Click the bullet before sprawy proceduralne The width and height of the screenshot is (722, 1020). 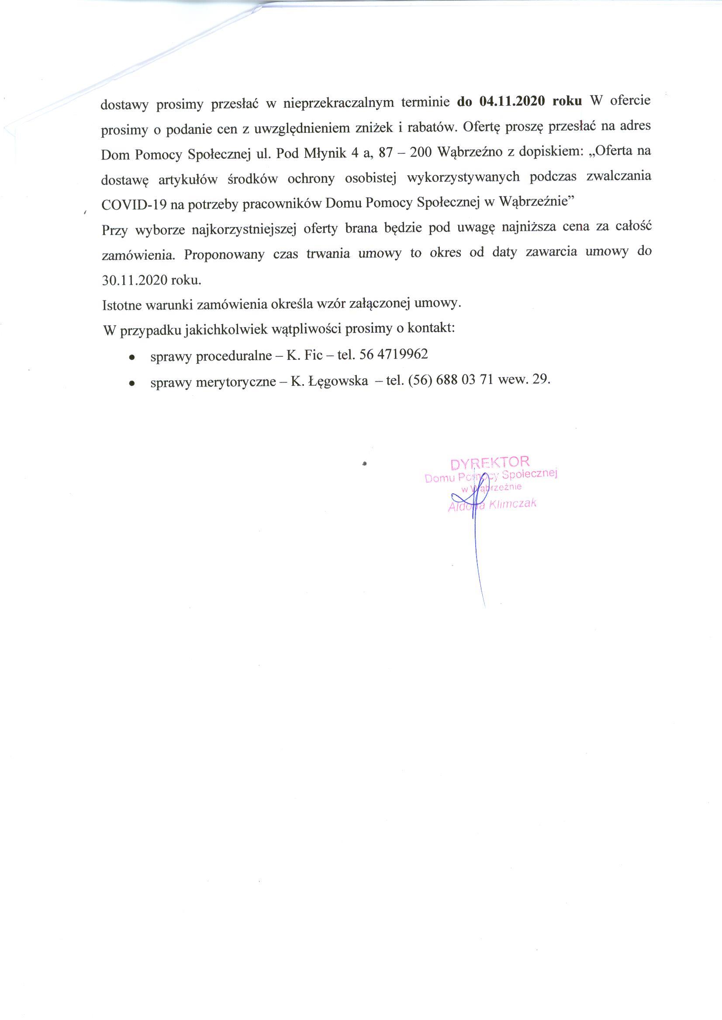131,357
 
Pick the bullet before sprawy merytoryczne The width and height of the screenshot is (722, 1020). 131,383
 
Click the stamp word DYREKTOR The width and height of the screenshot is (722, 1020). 490,463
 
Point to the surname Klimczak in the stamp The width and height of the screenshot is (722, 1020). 513,504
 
